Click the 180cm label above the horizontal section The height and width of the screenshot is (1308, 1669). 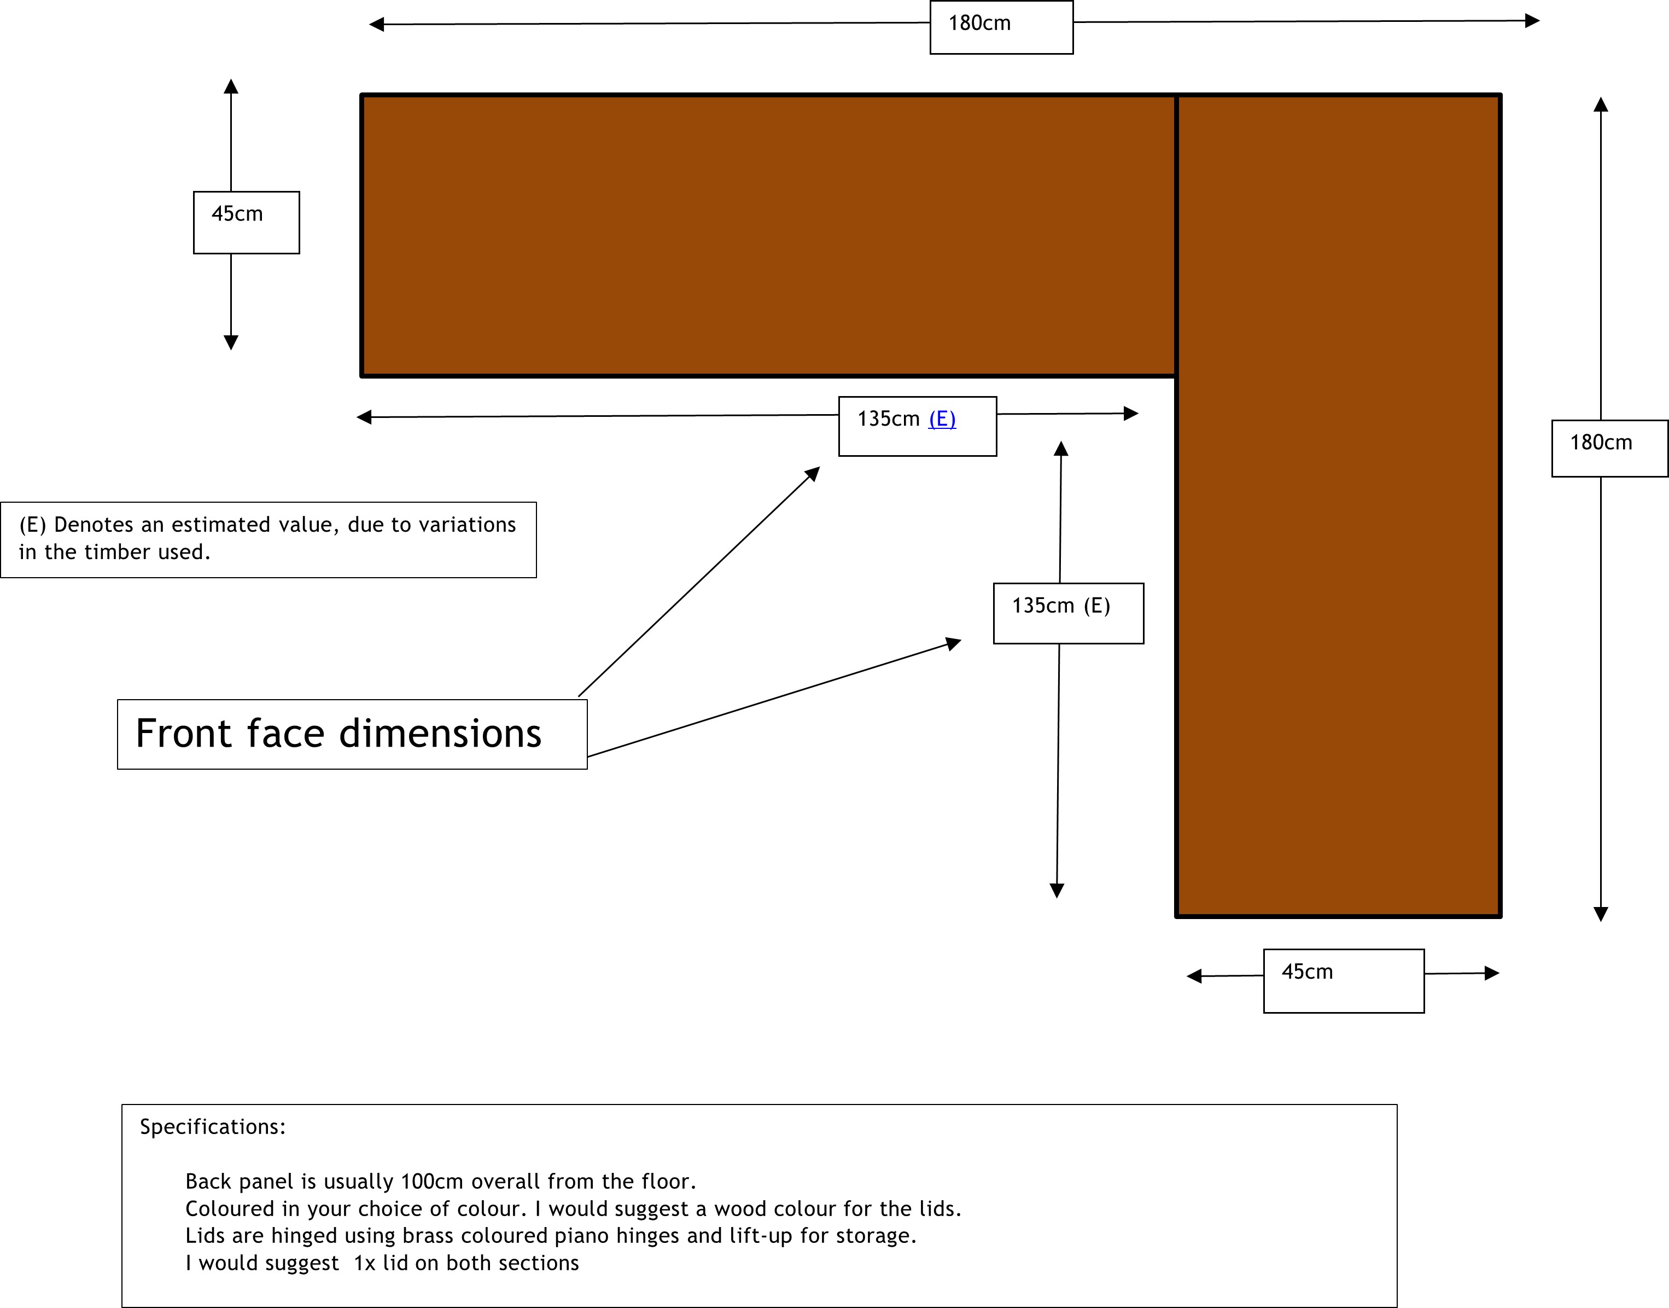979,24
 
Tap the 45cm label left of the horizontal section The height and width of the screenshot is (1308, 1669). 237,214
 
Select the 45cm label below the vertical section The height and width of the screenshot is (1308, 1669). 1308,972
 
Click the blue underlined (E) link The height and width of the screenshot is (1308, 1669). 942,419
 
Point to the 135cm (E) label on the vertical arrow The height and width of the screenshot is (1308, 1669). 1061,606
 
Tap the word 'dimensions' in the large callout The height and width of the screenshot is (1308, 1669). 440,734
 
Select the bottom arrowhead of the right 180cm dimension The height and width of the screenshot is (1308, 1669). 1601,914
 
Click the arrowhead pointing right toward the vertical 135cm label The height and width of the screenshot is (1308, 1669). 953,643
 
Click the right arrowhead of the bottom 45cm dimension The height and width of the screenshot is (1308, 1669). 1492,973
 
